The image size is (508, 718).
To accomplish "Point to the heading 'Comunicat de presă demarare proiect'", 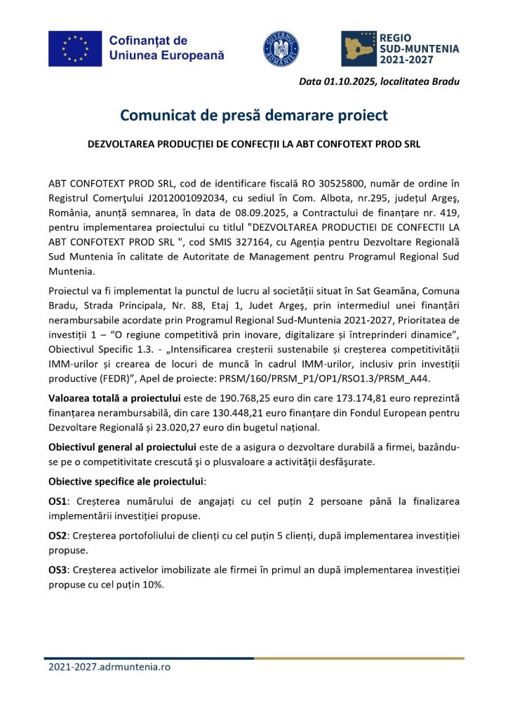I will pos(253,114).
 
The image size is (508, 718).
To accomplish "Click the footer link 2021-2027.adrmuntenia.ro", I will pos(109,667).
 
